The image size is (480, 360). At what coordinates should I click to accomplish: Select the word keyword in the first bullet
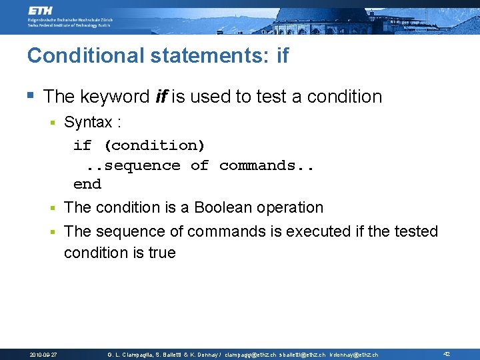coord(115,97)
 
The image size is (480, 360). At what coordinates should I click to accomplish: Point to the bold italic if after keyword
coord(161,97)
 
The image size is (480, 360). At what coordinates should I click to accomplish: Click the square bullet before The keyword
coord(31,96)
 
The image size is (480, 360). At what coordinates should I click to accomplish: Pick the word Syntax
coord(88,123)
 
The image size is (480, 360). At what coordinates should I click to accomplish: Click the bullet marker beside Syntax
coord(54,123)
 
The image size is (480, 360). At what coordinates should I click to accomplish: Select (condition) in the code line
coord(155,145)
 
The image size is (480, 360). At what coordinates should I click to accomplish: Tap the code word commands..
coord(267,165)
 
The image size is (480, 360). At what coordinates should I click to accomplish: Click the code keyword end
coord(87,184)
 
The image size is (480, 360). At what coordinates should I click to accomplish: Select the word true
coord(163,253)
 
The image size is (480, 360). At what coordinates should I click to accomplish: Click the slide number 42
coord(447,354)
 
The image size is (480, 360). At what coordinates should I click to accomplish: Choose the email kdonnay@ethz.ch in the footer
coord(354,355)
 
